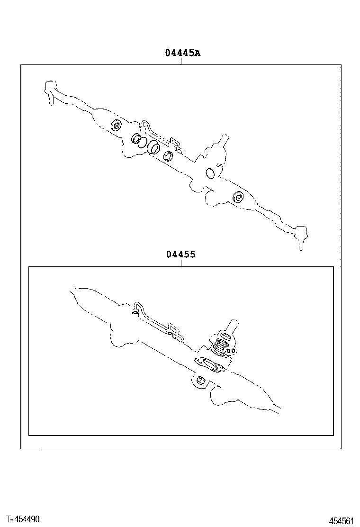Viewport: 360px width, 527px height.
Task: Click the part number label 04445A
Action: tap(182, 53)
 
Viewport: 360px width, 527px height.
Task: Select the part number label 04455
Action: tap(180, 254)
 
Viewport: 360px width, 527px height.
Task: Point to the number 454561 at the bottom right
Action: tap(342, 521)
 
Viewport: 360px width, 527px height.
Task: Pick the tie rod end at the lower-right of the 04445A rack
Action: tap(299, 235)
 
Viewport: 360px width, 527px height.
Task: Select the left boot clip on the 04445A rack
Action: tap(116, 126)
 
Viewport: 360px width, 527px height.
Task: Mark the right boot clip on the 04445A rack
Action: tap(238, 196)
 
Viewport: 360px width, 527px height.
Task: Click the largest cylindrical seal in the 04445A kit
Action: tap(153, 147)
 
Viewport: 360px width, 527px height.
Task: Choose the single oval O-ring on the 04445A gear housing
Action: tap(210, 173)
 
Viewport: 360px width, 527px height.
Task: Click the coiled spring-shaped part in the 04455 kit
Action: tap(220, 347)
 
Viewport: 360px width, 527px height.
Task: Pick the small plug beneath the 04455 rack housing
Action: tap(200, 380)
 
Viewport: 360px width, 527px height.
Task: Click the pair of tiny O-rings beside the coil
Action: tap(231, 350)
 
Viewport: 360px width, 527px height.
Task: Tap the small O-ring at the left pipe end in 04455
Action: tap(135, 312)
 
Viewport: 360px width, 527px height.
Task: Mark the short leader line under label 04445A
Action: tap(181, 61)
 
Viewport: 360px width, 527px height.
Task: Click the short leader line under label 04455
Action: tap(181, 263)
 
